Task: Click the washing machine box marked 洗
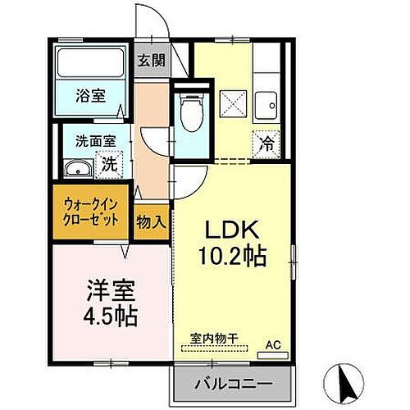pos(109,164)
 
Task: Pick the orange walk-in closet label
pos(91,212)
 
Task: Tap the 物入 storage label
pos(150,221)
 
